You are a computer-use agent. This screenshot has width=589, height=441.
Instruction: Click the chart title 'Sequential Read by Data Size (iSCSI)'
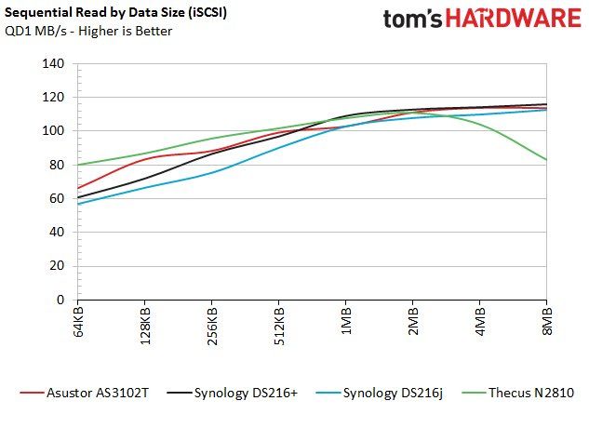pos(115,13)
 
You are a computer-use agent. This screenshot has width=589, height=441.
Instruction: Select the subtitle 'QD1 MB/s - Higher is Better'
pos(88,31)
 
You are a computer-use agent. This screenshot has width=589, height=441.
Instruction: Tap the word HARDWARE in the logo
pos(514,18)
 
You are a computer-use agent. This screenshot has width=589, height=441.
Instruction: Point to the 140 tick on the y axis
pos(53,63)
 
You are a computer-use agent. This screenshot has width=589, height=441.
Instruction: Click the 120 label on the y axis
pos(53,98)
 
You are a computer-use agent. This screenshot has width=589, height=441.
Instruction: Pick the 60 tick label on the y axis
pos(57,198)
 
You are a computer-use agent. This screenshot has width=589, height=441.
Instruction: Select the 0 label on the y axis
pos(60,300)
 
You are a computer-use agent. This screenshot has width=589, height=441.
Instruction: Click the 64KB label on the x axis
pos(77,322)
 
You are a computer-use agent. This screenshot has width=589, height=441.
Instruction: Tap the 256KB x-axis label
pos(212,326)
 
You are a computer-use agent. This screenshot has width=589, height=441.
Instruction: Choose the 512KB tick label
pos(279,326)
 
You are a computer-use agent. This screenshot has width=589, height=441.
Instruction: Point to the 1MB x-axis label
pos(346,320)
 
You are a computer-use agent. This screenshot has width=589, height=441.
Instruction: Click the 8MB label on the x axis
pos(547,320)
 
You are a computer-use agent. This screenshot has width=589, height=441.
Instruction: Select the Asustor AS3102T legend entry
pos(85,393)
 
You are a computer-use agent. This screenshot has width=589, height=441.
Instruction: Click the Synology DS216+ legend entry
pos(232,393)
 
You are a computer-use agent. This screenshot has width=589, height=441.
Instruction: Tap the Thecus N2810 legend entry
pos(517,393)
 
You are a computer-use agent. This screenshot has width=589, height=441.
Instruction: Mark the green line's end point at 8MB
pos(546,160)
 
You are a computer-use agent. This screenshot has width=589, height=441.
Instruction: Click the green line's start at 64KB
pos(78,165)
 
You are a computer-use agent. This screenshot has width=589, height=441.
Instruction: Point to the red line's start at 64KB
pos(78,188)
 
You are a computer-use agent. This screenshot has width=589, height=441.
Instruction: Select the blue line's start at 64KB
pos(78,204)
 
